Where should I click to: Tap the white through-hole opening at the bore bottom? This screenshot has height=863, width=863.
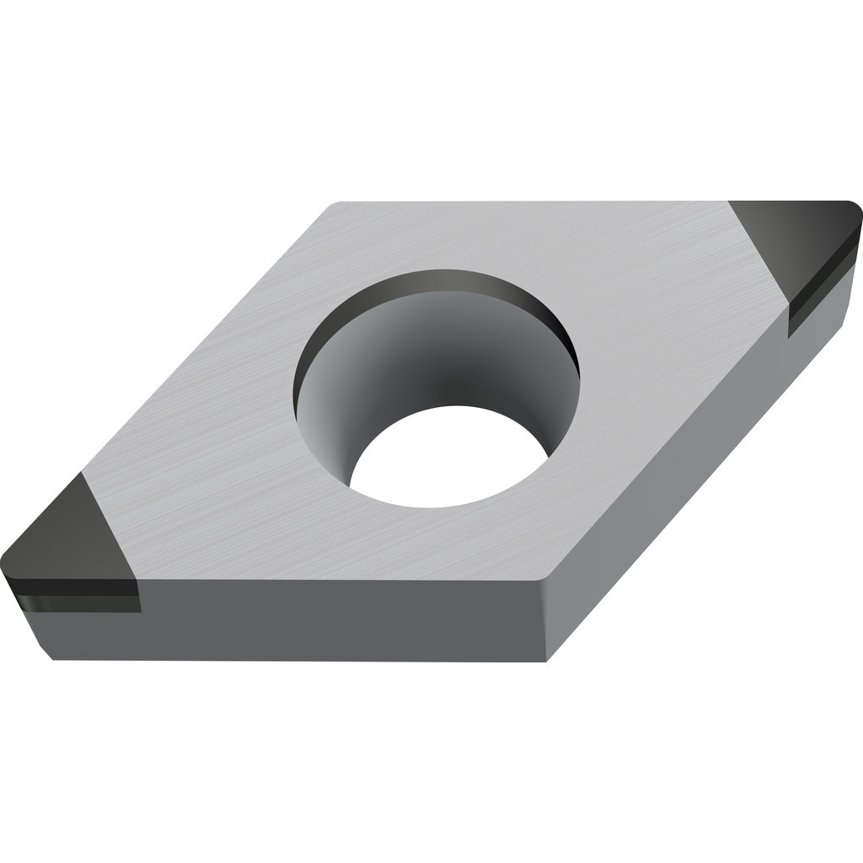point(447,459)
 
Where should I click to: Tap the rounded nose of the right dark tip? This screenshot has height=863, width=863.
point(855,211)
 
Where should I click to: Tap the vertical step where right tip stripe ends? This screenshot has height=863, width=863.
point(789,320)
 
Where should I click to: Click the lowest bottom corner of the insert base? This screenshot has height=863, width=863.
point(548,660)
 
